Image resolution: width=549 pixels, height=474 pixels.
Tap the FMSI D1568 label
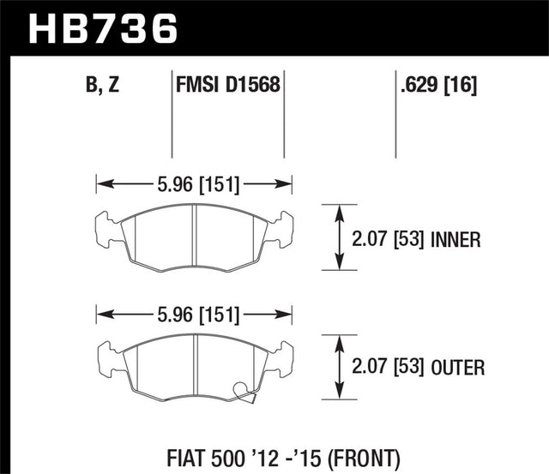point(228,87)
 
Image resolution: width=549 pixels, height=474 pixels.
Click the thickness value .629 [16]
point(438,87)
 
